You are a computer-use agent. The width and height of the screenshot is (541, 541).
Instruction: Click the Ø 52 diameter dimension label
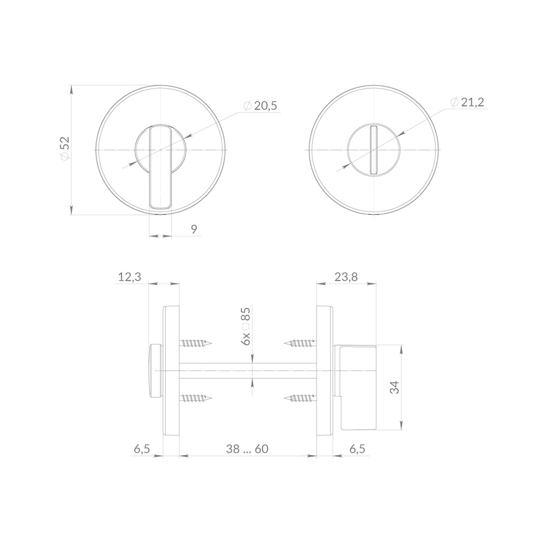tap(65, 148)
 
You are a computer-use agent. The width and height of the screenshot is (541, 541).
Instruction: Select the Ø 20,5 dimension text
tap(260, 106)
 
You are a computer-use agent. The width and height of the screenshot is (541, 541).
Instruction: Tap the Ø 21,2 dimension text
tap(467, 102)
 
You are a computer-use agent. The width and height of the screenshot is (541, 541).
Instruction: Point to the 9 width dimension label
tap(194, 229)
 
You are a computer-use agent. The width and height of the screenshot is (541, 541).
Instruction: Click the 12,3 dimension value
tap(130, 276)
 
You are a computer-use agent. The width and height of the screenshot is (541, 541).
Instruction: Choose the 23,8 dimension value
tap(346, 276)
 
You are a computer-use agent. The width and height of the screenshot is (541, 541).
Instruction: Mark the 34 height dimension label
tap(394, 387)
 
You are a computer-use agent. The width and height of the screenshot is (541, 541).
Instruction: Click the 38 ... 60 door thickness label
tap(247, 449)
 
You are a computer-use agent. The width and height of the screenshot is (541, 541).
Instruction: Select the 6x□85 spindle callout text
tap(246, 326)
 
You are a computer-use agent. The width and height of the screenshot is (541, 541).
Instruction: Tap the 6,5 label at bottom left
tap(142, 449)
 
